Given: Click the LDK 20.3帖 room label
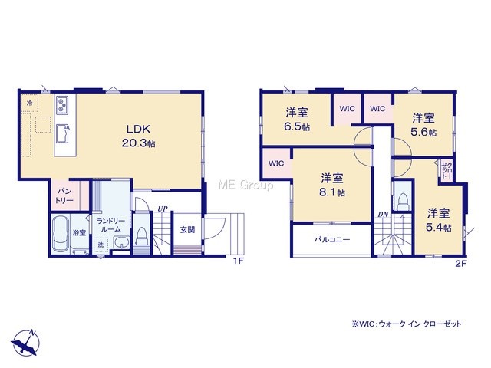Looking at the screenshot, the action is click(x=138, y=136).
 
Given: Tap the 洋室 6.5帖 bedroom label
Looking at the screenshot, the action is click(x=297, y=120).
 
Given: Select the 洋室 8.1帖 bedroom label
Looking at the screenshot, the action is click(x=332, y=185).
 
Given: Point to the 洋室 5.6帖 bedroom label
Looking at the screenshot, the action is click(x=423, y=125).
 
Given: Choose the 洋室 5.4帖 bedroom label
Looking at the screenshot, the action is click(x=438, y=220).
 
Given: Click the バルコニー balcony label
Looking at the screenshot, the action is click(x=332, y=240).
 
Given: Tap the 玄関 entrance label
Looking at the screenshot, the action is click(x=187, y=230).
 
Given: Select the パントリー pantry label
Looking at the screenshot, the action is click(x=64, y=195).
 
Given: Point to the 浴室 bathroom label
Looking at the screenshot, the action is click(x=79, y=232).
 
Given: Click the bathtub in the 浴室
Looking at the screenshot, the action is click(x=61, y=233).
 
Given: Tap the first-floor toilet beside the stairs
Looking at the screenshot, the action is click(x=141, y=235).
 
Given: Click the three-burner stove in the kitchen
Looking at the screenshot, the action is click(x=62, y=106).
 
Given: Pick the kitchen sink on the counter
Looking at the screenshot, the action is click(x=63, y=133).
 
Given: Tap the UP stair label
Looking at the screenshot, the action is click(x=162, y=209).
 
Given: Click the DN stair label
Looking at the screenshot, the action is click(x=383, y=215).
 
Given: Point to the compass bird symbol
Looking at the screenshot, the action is click(x=25, y=343).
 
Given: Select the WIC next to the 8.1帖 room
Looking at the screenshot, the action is click(x=276, y=163).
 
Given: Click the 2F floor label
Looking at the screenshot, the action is click(x=460, y=263).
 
